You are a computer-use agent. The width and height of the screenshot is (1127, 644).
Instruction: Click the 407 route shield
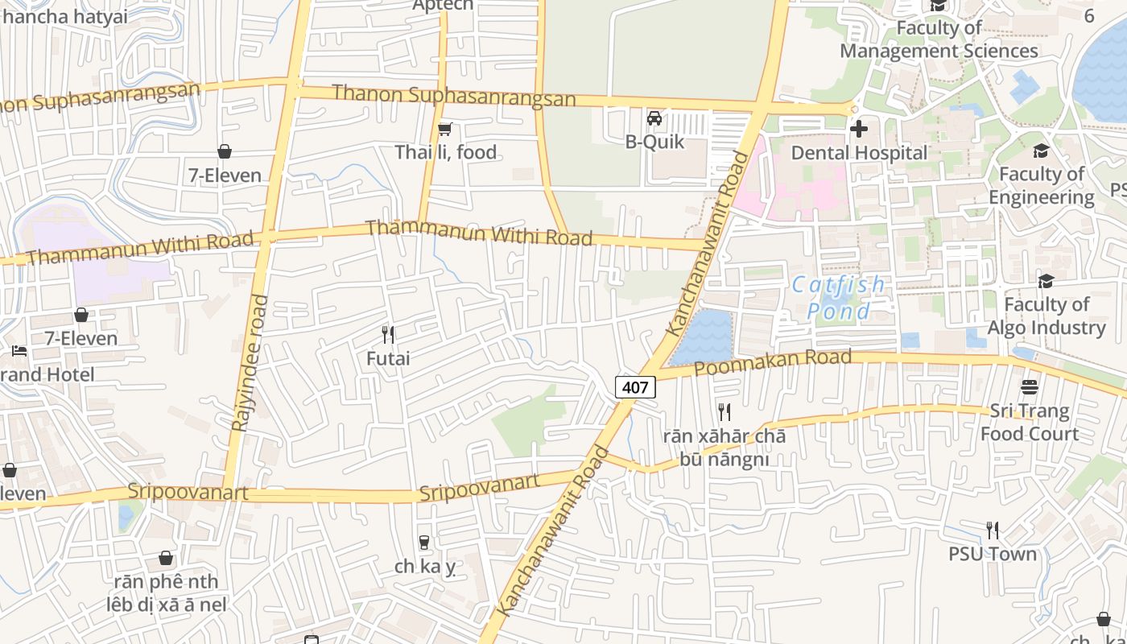click(x=635, y=387)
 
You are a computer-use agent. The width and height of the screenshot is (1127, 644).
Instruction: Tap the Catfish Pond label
click(x=837, y=298)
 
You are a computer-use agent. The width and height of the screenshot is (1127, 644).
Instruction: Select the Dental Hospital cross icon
click(x=859, y=129)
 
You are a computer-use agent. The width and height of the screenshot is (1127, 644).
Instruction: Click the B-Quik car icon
click(x=654, y=119)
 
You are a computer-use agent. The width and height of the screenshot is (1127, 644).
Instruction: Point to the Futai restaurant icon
click(x=388, y=334)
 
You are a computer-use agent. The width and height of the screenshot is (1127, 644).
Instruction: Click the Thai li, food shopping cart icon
click(x=445, y=129)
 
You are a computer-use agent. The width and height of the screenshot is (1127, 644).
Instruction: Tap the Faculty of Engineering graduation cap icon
click(x=1041, y=151)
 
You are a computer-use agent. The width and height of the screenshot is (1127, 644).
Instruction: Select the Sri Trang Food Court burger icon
click(x=1029, y=387)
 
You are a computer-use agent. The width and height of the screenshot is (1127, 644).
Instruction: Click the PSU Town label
click(x=993, y=554)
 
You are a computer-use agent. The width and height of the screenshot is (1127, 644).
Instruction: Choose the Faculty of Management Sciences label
click(x=939, y=39)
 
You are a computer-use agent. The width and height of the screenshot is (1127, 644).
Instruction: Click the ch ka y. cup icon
click(x=424, y=543)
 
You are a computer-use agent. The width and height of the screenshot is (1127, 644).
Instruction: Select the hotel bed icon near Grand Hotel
click(x=19, y=351)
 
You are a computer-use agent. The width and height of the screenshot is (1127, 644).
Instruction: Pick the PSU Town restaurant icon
click(x=993, y=530)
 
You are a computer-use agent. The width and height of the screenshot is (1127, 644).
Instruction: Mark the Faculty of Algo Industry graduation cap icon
click(x=1046, y=281)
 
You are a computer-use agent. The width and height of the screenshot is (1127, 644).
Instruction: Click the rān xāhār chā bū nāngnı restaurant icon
click(x=724, y=412)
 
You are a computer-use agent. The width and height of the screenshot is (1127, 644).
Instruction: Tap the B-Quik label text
click(x=654, y=142)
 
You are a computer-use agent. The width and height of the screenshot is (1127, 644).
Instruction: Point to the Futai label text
click(x=388, y=358)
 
